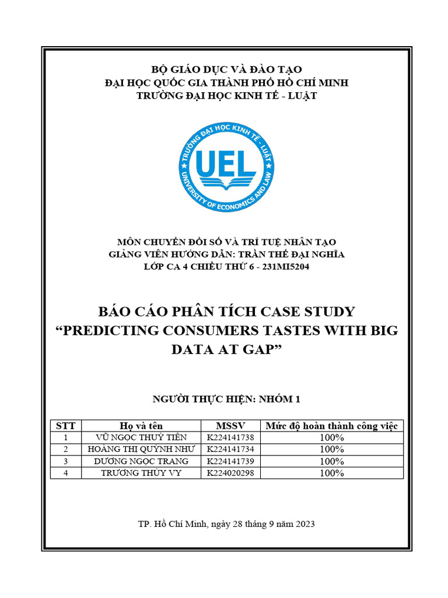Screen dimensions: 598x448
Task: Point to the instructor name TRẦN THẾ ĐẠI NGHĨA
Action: pyautogui.click(x=295, y=254)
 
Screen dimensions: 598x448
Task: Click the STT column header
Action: pyautogui.click(x=65, y=426)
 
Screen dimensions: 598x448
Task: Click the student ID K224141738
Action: pyautogui.click(x=230, y=437)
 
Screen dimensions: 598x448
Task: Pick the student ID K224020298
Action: pyautogui.click(x=230, y=473)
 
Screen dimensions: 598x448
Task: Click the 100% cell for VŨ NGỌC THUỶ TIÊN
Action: pyautogui.click(x=331, y=437)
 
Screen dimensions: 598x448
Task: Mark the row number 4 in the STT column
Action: pyautogui.click(x=65, y=473)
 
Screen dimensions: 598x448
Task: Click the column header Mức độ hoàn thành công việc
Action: pyautogui.click(x=331, y=426)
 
